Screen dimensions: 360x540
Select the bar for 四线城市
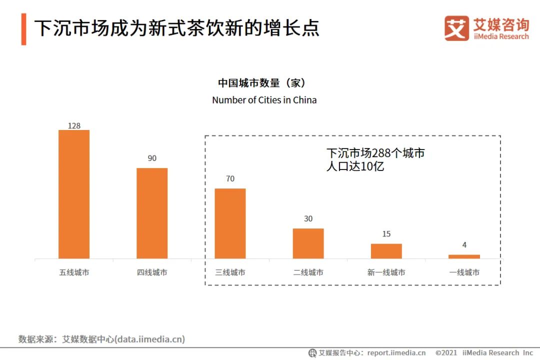point(152,213)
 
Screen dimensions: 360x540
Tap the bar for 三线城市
point(230,223)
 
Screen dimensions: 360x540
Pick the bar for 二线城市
point(308,243)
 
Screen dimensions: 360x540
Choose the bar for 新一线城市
point(386,250)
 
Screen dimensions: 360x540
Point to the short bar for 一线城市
point(464,256)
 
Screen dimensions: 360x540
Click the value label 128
point(74,125)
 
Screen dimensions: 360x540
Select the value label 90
point(152,158)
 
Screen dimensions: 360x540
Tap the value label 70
point(230,178)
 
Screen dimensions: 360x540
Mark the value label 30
point(308,218)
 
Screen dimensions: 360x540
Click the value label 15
point(386,233)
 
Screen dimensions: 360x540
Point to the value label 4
point(464,244)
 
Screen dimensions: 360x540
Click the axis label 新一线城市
point(386,272)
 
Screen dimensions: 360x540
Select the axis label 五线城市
point(74,272)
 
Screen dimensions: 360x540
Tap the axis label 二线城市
point(308,272)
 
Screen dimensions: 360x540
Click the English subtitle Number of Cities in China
point(264,100)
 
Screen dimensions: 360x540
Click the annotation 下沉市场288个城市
point(375,153)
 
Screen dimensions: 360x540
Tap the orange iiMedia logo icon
point(456,28)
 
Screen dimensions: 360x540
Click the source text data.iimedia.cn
point(149,339)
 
